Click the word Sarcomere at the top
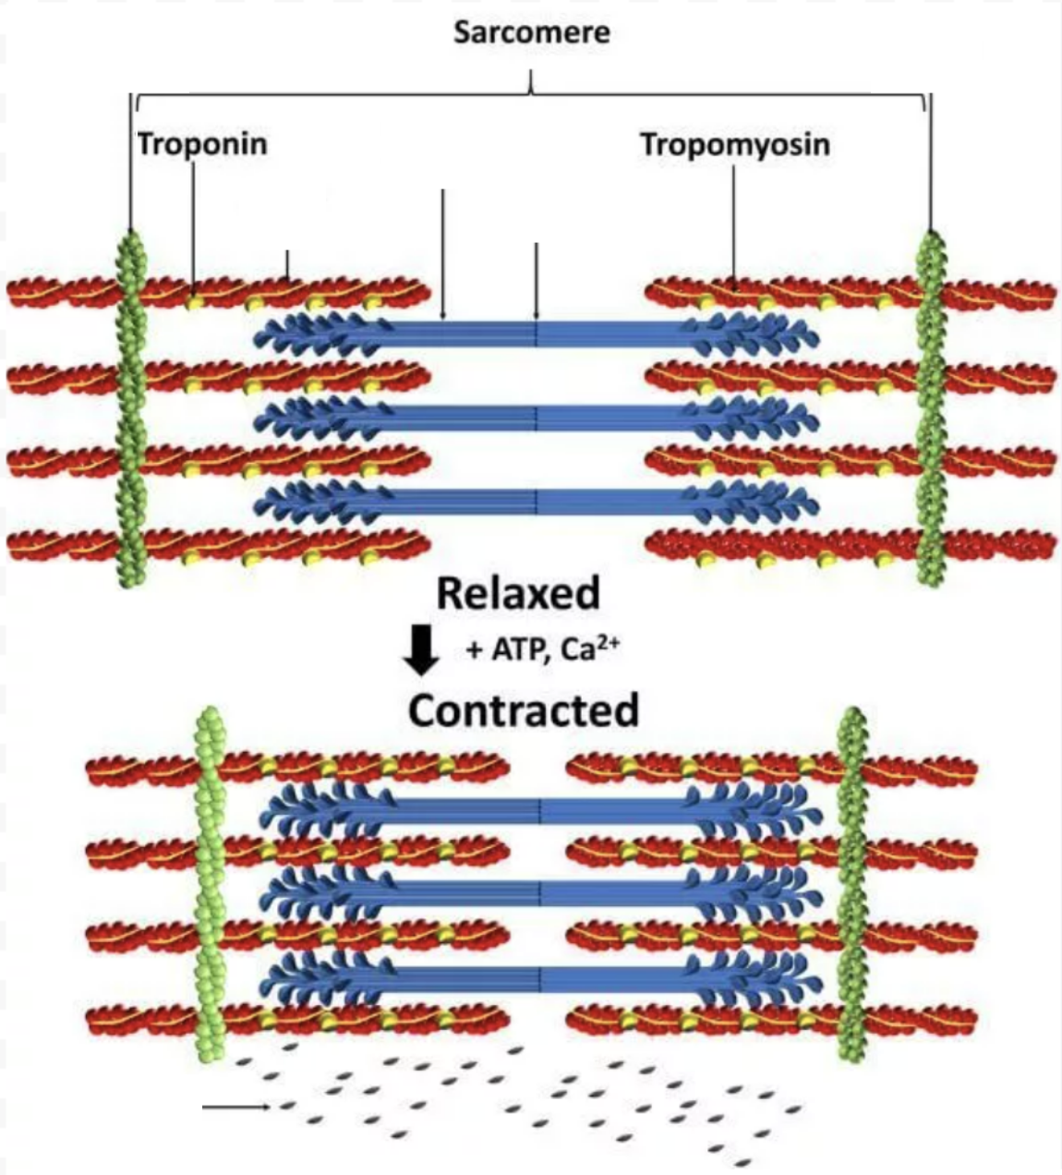[x=531, y=33]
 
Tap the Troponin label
[x=202, y=144]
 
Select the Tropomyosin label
[x=735, y=144]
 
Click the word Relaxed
[x=517, y=593]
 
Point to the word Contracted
[x=524, y=710]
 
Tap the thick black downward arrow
[x=424, y=649]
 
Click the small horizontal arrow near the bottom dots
[x=236, y=1106]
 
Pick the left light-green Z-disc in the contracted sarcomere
[x=211, y=887]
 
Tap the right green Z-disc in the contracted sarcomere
[x=851, y=887]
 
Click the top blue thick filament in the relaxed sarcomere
[x=536, y=333]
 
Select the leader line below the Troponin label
[x=193, y=222]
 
